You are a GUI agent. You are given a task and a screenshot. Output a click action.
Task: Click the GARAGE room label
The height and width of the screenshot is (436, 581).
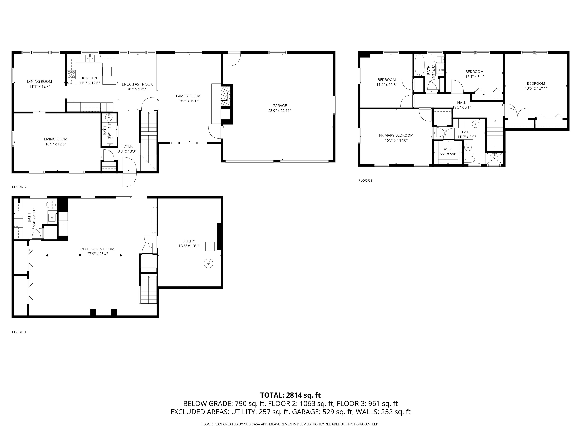tap(280, 106)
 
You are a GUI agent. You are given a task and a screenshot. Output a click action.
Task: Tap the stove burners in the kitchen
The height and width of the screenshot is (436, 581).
tap(71, 74)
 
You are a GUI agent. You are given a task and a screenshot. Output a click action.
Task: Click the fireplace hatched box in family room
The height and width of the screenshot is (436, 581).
tap(225, 96)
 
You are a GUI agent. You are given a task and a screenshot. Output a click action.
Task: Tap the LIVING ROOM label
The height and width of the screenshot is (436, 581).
tap(55, 139)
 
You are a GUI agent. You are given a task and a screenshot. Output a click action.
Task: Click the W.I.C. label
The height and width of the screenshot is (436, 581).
tap(448, 149)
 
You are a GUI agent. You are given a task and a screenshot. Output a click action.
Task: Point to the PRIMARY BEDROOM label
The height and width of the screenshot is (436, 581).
tap(396, 135)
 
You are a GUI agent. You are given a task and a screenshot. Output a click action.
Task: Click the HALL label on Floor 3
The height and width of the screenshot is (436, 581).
tap(461, 103)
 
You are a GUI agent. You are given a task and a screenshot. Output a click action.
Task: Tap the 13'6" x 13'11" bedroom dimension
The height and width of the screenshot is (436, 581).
tap(536, 88)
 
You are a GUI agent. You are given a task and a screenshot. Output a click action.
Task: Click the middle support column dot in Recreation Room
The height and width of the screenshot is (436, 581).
tap(80, 255)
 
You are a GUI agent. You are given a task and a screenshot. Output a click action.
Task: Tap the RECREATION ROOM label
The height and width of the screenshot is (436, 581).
tap(97, 249)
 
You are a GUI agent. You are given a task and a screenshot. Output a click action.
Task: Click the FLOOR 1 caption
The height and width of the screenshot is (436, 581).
tap(19, 332)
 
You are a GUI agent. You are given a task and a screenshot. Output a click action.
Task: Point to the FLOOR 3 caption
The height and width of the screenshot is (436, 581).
tap(365, 180)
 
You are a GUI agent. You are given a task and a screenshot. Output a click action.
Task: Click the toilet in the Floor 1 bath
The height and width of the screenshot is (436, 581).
tap(50, 205)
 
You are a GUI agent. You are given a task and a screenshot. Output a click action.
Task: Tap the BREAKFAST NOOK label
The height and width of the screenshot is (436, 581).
tap(137, 84)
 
